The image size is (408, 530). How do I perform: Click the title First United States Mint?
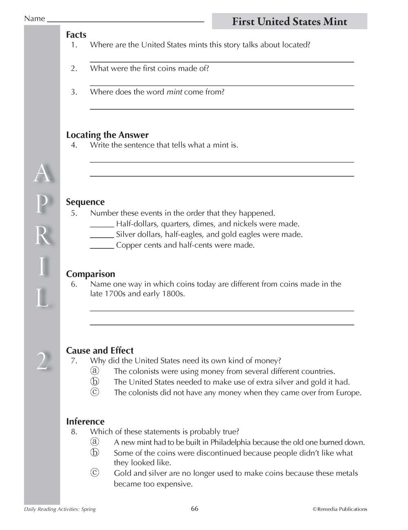pyautogui.click(x=289, y=22)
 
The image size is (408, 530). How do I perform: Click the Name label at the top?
pyautogui.click(x=34, y=18)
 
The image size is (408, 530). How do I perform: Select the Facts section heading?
pyautogui.click(x=76, y=35)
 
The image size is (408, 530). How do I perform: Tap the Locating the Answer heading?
pyautogui.click(x=107, y=135)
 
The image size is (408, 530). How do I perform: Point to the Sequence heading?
pyautogui.click(x=85, y=202)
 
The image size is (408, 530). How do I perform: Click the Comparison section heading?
pyautogui.click(x=91, y=274)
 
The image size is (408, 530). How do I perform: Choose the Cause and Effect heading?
pyautogui.click(x=100, y=351)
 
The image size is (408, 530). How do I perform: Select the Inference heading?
pyautogui.click(x=85, y=422)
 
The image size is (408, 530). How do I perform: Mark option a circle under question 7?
pyautogui.click(x=95, y=371)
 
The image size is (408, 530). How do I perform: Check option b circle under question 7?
pyautogui.click(x=95, y=382)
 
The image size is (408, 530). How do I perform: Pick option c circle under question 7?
pyautogui.click(x=95, y=392)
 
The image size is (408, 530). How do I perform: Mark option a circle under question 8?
pyautogui.click(x=95, y=442)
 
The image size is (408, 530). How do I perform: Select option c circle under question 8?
pyautogui.click(x=95, y=473)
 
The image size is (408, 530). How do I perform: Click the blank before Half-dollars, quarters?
pyautogui.click(x=102, y=225)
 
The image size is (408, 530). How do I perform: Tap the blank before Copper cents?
pyautogui.click(x=102, y=246)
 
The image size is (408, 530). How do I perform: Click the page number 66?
pyautogui.click(x=195, y=508)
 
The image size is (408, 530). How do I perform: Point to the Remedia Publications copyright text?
pyautogui.click(x=340, y=509)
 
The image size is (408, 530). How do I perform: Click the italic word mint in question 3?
pyautogui.click(x=174, y=92)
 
